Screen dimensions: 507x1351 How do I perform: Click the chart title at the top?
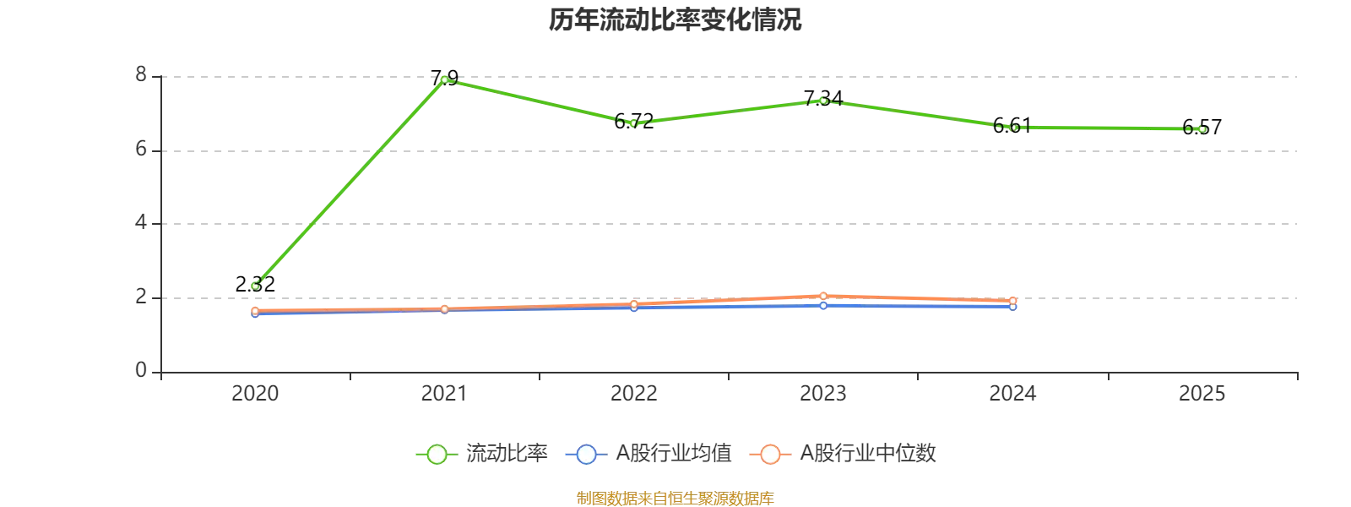click(674, 20)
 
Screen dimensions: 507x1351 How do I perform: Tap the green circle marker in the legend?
click(437, 455)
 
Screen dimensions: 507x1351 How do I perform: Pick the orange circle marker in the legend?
click(769, 455)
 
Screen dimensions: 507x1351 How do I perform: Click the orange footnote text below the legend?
click(674, 498)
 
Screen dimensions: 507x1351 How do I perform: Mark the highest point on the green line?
click(445, 79)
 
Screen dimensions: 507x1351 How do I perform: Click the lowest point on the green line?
click(256, 286)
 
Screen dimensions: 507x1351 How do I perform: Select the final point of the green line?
click(1202, 129)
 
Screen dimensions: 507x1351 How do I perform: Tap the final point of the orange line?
click(1012, 300)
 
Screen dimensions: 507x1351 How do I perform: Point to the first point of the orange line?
click(256, 310)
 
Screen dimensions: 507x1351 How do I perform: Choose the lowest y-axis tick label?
click(142, 368)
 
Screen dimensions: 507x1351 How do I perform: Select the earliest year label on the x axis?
click(256, 395)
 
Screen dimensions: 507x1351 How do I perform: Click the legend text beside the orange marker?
click(869, 455)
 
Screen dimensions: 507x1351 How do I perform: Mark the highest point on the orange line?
click(823, 296)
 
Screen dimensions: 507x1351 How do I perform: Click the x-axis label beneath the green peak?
click(445, 395)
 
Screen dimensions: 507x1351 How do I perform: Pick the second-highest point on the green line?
click(823, 101)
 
